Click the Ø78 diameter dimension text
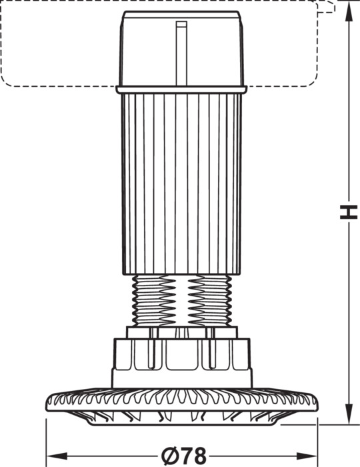point(183,456)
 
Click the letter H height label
point(349,211)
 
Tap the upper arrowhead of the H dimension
point(349,11)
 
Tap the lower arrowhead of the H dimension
point(349,414)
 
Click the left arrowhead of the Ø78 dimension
point(57,456)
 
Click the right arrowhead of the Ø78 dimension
point(307,456)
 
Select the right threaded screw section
point(210,300)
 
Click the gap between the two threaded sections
point(182,300)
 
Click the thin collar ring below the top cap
point(181,89)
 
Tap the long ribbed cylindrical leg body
point(181,183)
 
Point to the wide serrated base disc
point(182,400)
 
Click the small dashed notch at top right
point(327,7)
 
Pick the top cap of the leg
point(181,49)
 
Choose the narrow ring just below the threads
point(182,332)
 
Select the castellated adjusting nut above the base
point(182,363)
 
